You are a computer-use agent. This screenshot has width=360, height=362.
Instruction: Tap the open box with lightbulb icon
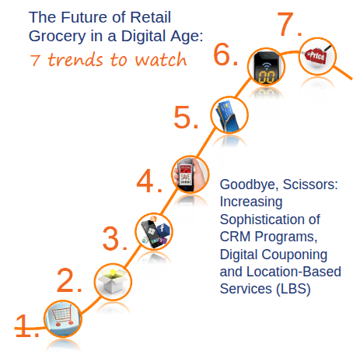coord(113,281)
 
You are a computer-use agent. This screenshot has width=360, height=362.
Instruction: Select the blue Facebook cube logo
coord(163,229)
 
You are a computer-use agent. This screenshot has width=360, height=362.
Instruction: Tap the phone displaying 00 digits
coord(266,68)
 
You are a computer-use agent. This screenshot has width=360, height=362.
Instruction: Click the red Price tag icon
coord(316,55)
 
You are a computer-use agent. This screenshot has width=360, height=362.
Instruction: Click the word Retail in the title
coord(150,17)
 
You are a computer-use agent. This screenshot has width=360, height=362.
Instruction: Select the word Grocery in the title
coord(57,36)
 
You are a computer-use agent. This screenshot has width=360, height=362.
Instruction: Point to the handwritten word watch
coord(161,60)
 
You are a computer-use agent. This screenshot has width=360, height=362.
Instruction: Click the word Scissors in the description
coord(310,185)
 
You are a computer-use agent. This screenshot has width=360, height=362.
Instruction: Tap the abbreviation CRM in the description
coord(235,237)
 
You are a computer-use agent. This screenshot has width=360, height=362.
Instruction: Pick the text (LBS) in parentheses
coord(293,289)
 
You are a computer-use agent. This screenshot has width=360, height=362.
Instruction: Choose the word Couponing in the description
coord(295,255)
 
